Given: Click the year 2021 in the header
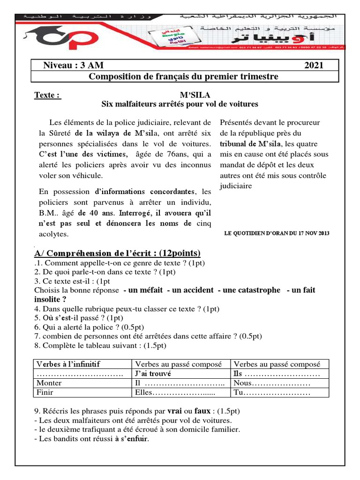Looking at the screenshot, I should pyautogui.click(x=314, y=65).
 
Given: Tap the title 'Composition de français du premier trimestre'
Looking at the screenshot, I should pyautogui.click(x=183, y=76).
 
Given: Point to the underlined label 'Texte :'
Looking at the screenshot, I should pyautogui.click(x=47, y=95).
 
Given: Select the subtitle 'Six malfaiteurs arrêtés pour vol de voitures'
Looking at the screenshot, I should pyautogui.click(x=180, y=104).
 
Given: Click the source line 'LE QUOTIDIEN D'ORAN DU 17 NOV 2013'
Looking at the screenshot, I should pyautogui.click(x=277, y=233).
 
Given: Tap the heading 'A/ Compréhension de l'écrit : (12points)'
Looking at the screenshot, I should pyautogui.click(x=118, y=253).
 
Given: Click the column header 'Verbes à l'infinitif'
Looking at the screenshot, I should pyautogui.click(x=68, y=364).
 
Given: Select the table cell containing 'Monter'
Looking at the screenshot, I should pyautogui.click(x=49, y=383).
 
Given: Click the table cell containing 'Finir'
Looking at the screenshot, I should pyautogui.click(x=45, y=392).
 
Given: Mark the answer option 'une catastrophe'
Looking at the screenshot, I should pyautogui.click(x=249, y=290).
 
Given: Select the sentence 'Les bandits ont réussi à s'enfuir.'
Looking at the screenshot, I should pyautogui.click(x=92, y=439).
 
